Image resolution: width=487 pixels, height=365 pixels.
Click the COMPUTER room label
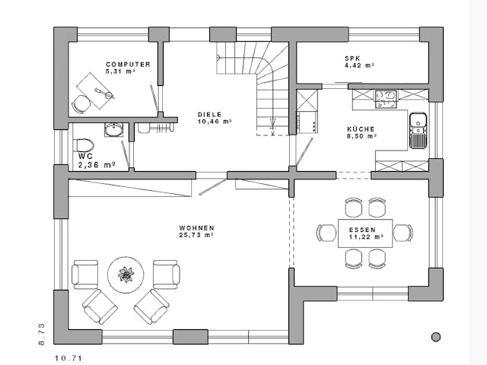pyautogui.click(x=128, y=65)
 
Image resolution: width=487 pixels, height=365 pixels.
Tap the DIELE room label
pyautogui.click(x=210, y=115)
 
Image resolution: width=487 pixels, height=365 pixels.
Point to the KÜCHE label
pyautogui.click(x=361, y=129)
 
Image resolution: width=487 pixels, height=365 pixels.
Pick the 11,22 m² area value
pyautogui.click(x=366, y=236)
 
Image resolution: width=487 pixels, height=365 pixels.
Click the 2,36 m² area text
pyautogui.click(x=97, y=165)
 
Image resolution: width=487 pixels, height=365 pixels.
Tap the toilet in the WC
pyautogui.click(x=84, y=146)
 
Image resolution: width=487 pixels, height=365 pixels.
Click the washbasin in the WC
pyautogui.click(x=113, y=130)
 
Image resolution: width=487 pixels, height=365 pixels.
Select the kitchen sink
pyautogui.click(x=418, y=130)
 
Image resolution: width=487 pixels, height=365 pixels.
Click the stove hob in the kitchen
pyautogui.click(x=386, y=99)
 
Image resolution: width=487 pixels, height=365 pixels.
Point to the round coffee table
pyautogui.click(x=126, y=275)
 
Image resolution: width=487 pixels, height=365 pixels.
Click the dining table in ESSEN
pyautogui.click(x=365, y=233)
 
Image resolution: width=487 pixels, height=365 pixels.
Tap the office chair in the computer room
pyautogui.click(x=81, y=104)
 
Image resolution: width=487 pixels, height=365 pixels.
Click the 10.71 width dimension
pyautogui.click(x=68, y=358)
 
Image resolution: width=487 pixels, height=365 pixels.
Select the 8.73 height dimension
pyautogui.click(x=42, y=335)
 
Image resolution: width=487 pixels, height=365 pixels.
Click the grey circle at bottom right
pyautogui.click(x=436, y=337)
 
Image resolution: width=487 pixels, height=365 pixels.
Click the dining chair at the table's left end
pyautogui.click(x=326, y=233)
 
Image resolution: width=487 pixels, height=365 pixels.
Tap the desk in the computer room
pyautogui.click(x=95, y=91)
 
